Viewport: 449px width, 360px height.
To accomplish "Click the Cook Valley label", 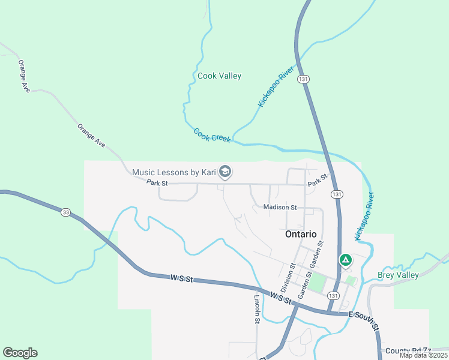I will coord(219,76).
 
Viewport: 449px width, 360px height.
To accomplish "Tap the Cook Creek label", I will coord(212,135).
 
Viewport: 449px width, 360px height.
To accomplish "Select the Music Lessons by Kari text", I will coord(173,172).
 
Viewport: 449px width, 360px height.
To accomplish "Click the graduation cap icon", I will coord(225,173).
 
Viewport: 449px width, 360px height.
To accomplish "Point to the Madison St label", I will coord(280,208).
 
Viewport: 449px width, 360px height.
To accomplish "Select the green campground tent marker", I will coord(346,260).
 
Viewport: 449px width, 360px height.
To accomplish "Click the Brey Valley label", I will coord(398,275).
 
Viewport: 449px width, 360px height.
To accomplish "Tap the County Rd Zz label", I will coord(408,350).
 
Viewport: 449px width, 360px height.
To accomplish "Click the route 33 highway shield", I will coord(65,212).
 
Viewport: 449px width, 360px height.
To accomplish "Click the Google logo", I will coord(20,353).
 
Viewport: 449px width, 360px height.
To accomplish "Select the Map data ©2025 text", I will coord(423,355).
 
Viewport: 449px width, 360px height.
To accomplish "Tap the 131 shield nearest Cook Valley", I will coord(304,79).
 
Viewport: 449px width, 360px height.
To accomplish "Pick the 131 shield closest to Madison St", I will coord(337,194).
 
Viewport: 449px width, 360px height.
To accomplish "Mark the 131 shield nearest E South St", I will coord(334,296).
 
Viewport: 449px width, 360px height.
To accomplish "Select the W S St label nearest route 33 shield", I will coord(181,278).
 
